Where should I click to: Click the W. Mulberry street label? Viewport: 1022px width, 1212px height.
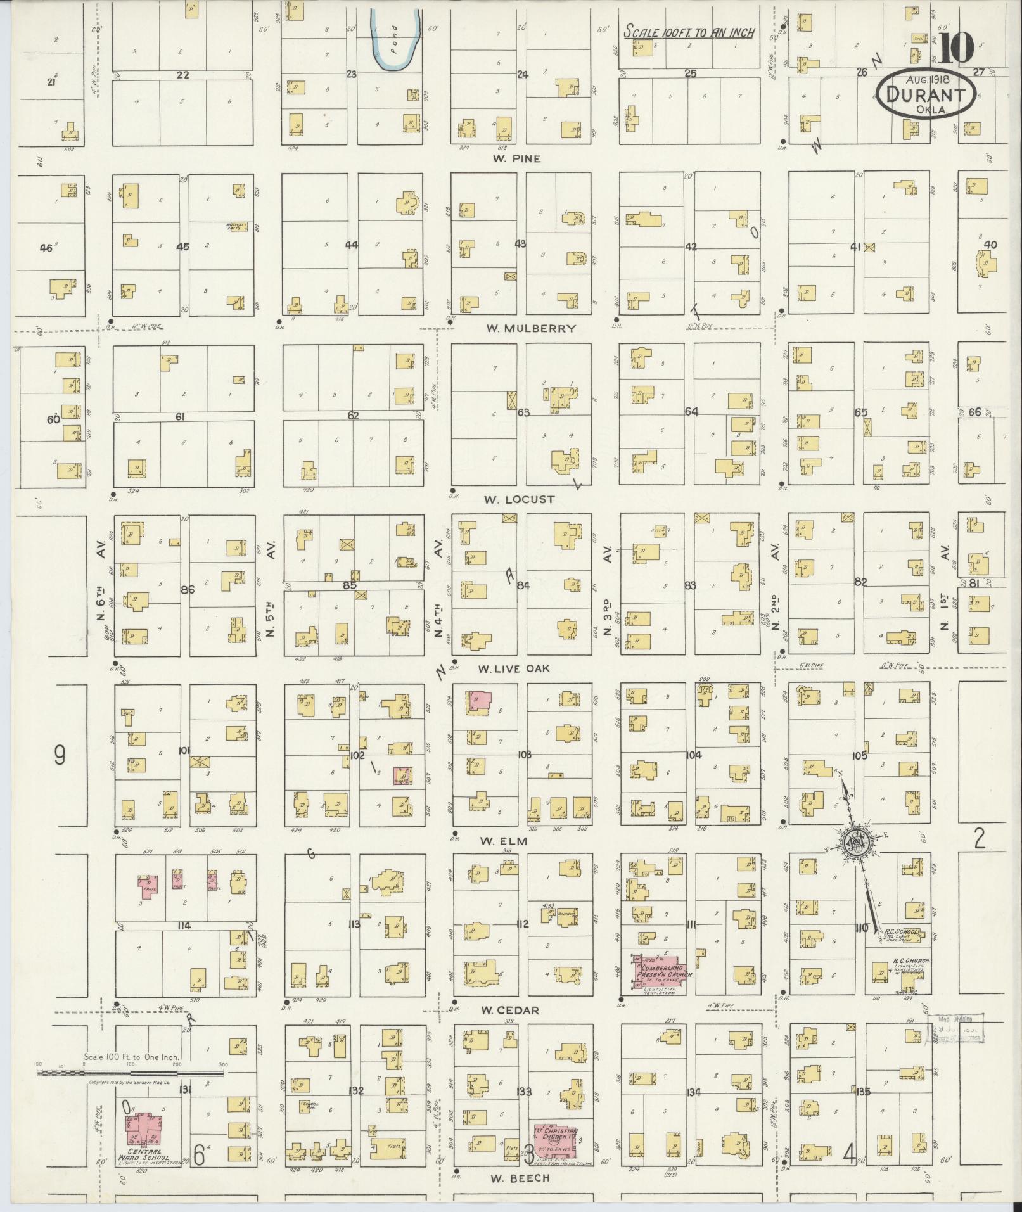coord(531,328)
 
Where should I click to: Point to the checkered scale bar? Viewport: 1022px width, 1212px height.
coord(130,1073)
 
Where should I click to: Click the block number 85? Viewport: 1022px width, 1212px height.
coord(349,585)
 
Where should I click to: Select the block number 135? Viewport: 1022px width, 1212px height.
coord(862,1092)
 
